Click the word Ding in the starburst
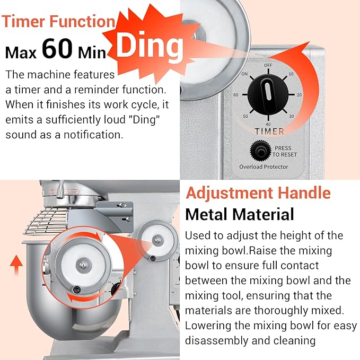pos(150,46)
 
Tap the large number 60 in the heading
pos(57,48)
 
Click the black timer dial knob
pos(268,94)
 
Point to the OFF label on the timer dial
pos(268,65)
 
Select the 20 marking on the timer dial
pos(299,95)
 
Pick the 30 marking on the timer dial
pos(292,116)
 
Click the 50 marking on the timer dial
pos(245,116)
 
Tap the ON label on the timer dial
pos(244,74)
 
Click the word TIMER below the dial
pos(269,131)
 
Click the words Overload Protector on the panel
pos(264,166)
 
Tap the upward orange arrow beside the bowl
pos(16,265)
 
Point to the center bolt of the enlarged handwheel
pos(83,265)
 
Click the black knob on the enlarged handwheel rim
pos(76,289)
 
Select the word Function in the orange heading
pos(82,21)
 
